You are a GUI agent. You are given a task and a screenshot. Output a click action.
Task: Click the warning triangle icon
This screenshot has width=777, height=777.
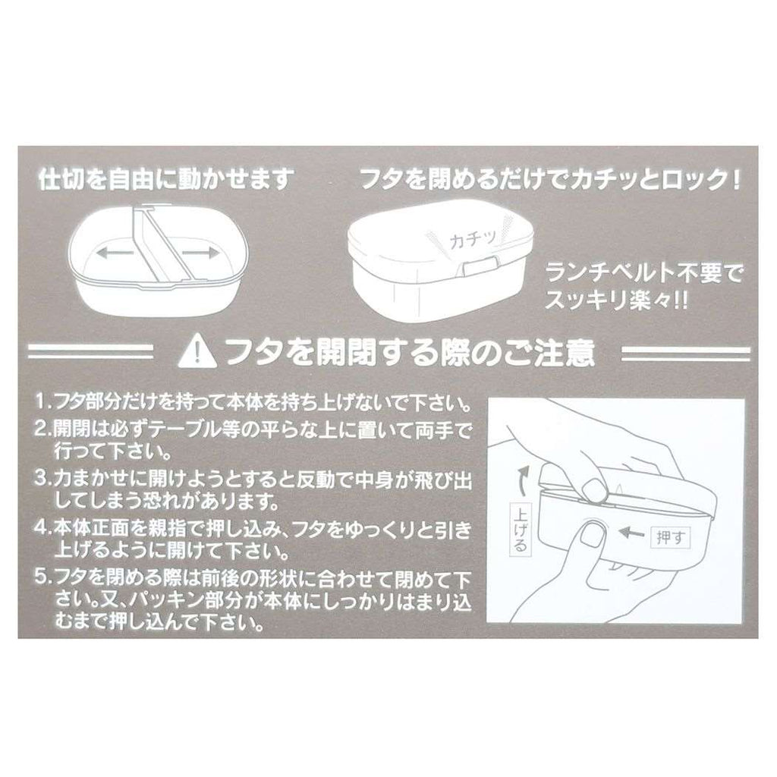click(197, 351)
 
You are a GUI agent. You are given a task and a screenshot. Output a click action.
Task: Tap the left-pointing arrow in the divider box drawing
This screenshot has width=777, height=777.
click(115, 253)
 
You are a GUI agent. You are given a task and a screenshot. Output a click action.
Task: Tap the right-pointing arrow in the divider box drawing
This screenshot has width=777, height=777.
click(200, 253)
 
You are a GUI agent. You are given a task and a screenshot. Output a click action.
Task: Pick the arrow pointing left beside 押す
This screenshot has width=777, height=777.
click(632, 533)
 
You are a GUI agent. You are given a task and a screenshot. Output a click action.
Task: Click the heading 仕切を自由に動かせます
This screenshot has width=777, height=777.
click(166, 179)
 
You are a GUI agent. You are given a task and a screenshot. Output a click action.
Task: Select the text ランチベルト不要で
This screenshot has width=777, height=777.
click(645, 272)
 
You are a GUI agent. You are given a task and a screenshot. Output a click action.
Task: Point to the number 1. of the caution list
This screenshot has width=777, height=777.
click(43, 402)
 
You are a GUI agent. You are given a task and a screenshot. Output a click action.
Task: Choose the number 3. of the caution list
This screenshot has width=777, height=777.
click(43, 479)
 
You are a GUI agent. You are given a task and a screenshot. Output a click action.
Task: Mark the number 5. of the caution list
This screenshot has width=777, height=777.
click(43, 577)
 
